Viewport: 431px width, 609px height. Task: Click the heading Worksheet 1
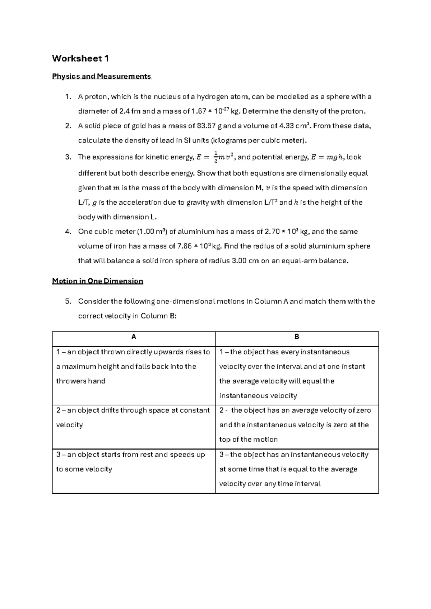[x=80, y=59]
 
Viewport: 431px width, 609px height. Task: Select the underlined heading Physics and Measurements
[x=101, y=76]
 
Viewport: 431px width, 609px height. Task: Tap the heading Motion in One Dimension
[x=97, y=281]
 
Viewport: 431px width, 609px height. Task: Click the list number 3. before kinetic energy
[x=68, y=157]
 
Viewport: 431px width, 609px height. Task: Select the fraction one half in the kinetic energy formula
[x=215, y=157]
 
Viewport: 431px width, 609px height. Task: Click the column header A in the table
[x=134, y=337]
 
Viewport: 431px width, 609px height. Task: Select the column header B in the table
[x=297, y=337]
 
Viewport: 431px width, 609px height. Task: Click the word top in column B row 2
[x=224, y=440]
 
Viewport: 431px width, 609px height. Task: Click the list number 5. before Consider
[x=68, y=302]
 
